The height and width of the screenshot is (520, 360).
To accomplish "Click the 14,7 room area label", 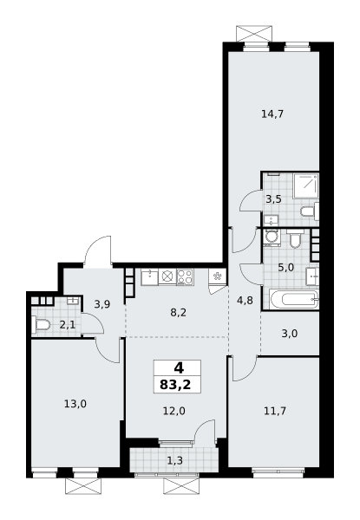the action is [x=272, y=114].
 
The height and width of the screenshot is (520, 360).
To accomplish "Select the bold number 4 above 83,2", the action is [x=179, y=368].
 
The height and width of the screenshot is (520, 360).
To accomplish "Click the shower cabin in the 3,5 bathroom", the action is [x=306, y=186].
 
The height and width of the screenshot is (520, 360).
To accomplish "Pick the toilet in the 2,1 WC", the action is [x=41, y=325].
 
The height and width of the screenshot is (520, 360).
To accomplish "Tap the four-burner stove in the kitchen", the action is [x=185, y=276].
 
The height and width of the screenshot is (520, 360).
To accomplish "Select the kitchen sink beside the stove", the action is [x=150, y=277].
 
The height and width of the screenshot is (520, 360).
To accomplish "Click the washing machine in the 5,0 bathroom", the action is [x=272, y=237].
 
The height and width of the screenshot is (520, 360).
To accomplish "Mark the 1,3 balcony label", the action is [x=174, y=460].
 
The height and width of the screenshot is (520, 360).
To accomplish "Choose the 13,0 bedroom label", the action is [x=75, y=404].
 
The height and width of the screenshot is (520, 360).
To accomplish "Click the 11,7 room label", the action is [x=275, y=411].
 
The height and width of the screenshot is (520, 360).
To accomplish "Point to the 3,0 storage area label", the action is [x=290, y=334].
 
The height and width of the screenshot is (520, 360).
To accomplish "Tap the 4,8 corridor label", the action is [x=245, y=301].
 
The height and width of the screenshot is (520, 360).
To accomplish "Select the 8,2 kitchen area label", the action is [x=179, y=312].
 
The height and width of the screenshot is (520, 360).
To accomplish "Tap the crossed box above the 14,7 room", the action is [x=254, y=33].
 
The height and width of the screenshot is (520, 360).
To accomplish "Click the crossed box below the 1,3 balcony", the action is [x=180, y=486].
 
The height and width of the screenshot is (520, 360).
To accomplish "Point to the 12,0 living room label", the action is [x=173, y=411].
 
